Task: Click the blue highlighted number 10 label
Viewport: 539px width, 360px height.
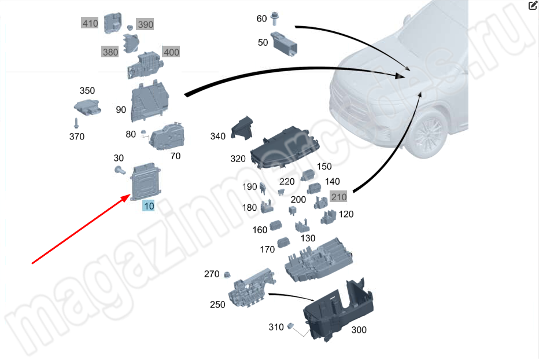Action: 149,206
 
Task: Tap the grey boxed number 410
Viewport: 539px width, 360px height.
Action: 90,23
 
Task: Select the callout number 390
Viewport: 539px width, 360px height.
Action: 145,24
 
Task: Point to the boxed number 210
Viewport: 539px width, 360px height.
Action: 338,197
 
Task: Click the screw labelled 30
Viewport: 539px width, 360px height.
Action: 120,170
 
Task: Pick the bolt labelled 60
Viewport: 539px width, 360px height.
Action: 274,19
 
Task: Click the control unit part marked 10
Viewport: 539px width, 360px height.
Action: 146,181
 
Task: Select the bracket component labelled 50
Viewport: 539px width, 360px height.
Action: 284,44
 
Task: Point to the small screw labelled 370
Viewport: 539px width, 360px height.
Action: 76,123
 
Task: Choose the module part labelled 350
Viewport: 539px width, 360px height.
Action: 88,107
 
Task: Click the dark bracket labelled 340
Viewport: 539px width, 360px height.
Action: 242,128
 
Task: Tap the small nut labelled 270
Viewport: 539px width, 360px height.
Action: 227,275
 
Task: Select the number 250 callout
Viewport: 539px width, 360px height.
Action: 217,304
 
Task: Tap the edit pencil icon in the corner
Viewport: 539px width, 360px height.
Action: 533,6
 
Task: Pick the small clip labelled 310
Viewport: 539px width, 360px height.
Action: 291,326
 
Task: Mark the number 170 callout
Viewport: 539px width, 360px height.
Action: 267,249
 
